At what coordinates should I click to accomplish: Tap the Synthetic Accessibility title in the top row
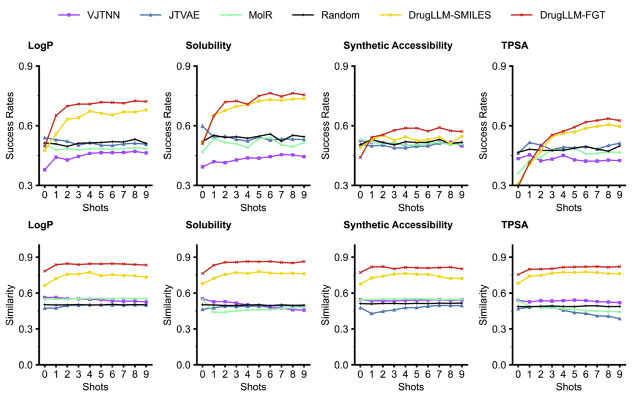pyautogui.click(x=398, y=45)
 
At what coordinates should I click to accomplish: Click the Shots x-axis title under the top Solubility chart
pyautogui.click(x=253, y=207)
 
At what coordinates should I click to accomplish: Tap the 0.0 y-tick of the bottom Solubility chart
pyautogui.click(x=186, y=365)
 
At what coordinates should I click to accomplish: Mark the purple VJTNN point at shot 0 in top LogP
pyautogui.click(x=45, y=170)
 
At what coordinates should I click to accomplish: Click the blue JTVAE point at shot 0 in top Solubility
pyautogui.click(x=203, y=126)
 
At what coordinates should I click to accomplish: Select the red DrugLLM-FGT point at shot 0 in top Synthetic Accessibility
pyautogui.click(x=360, y=157)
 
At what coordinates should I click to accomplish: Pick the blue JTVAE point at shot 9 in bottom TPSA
pyautogui.click(x=620, y=319)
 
